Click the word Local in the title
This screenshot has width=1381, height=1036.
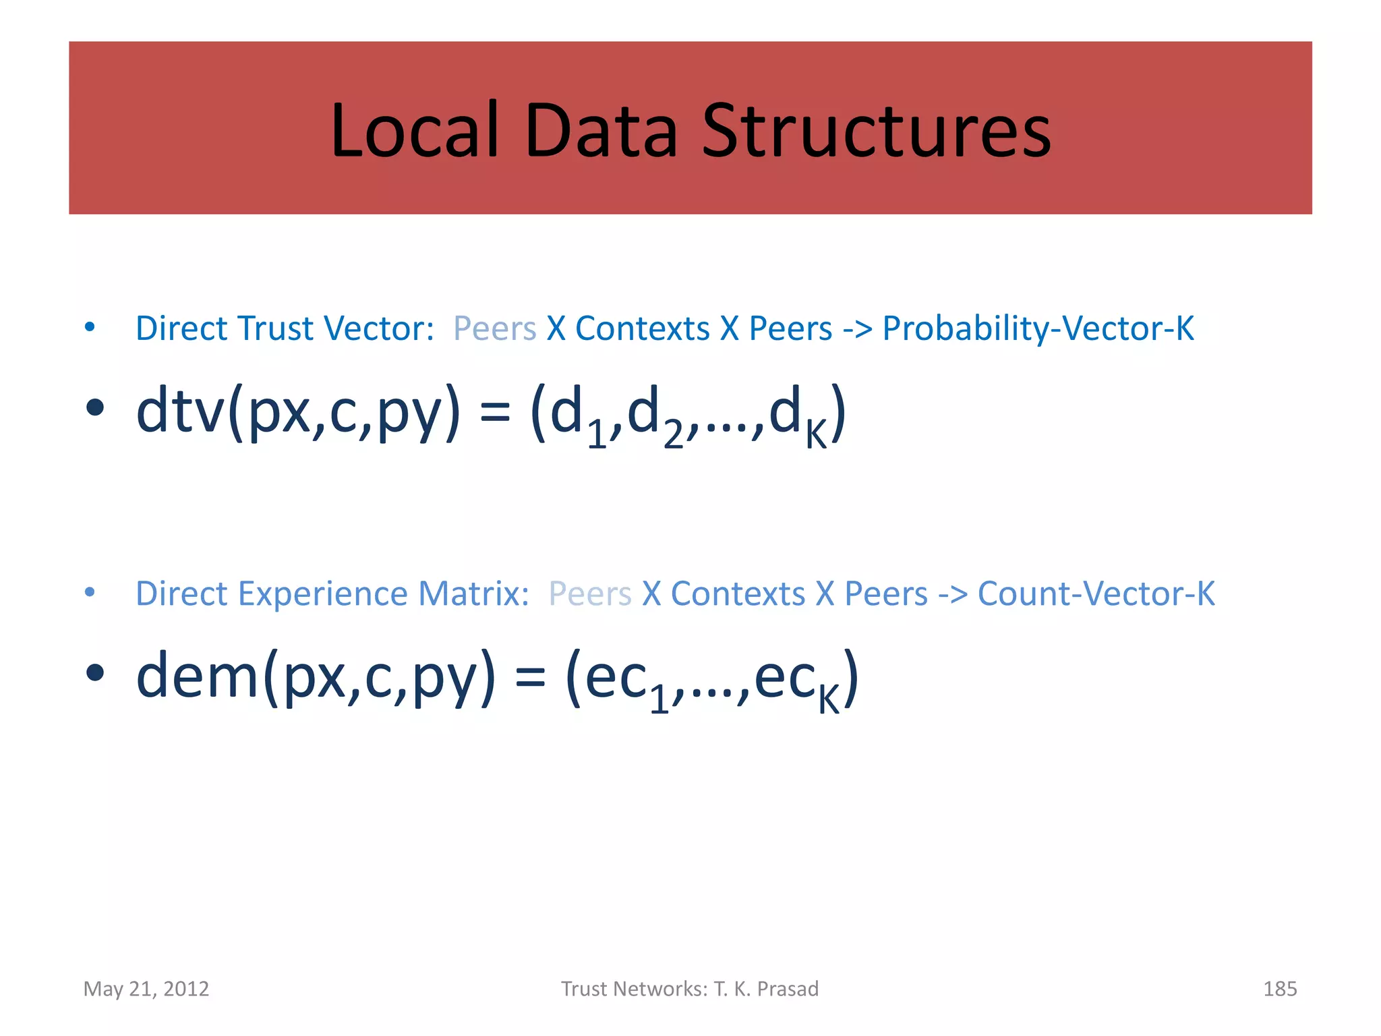414,129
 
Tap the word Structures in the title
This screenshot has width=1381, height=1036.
876,129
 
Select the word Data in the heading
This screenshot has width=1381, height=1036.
599,129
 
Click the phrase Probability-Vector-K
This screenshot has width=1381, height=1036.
1038,329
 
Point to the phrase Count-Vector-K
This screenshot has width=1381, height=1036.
1096,594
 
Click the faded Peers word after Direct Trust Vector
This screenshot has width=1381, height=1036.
494,329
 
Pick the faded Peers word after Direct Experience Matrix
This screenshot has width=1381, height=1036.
590,594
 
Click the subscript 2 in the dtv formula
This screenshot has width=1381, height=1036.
672,436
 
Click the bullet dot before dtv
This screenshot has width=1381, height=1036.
95,407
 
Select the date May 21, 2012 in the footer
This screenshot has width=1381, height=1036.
146,989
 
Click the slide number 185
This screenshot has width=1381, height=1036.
1279,989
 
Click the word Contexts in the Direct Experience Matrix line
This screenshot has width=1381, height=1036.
738,594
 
